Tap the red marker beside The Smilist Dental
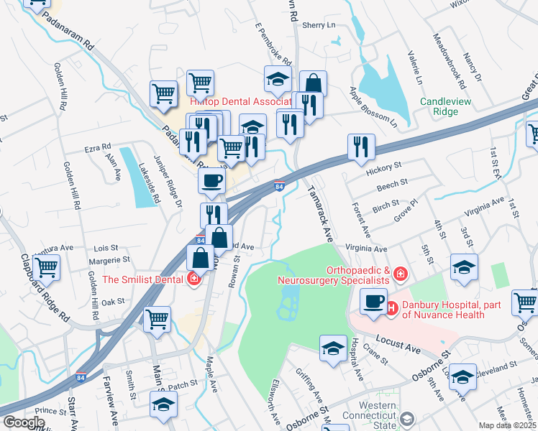tap(193, 279)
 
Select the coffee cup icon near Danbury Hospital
tap(373, 302)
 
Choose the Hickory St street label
tap(383, 166)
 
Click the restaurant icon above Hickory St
tap(360, 147)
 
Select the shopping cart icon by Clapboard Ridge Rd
tap(47, 267)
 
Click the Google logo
tap(24, 422)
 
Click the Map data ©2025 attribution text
tap(508, 425)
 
